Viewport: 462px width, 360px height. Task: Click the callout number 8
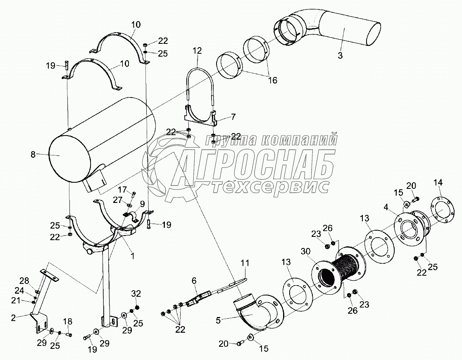coord(33,155)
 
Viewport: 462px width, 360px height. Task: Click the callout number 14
coord(438,183)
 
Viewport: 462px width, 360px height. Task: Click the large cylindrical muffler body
coord(103,141)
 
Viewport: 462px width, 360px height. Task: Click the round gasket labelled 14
coord(441,211)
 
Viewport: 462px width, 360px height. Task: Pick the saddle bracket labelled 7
coord(200,117)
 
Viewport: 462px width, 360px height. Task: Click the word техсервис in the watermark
coord(271,187)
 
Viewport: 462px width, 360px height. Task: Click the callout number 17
coord(122,190)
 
